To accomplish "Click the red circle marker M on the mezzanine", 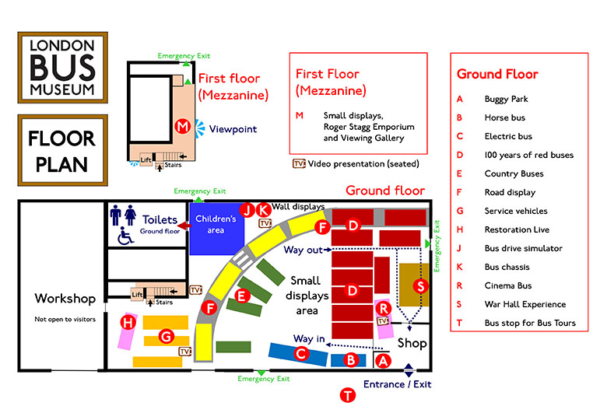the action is tap(182, 126).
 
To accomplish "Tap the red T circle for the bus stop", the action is tap(348, 395).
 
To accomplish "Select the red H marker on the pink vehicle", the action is tap(128, 322).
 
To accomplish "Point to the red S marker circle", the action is tap(420, 286).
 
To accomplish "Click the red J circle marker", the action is tap(247, 210).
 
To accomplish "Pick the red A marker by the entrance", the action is tap(383, 361).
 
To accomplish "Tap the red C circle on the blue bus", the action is tap(301, 353).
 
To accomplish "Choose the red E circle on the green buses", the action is tap(242, 296).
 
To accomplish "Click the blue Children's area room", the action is tap(216, 229).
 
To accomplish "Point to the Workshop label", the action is tap(65, 299).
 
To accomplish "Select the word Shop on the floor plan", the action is tap(412, 343).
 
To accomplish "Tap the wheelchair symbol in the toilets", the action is tap(125, 236).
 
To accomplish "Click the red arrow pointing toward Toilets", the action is tap(184, 225).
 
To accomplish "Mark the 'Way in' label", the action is tap(309, 339).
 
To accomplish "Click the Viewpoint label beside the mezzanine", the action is tap(233, 129).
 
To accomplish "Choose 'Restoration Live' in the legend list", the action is tap(517, 229).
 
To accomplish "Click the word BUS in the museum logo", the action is tap(62, 68).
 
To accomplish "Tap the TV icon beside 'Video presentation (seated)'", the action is tap(299, 163).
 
